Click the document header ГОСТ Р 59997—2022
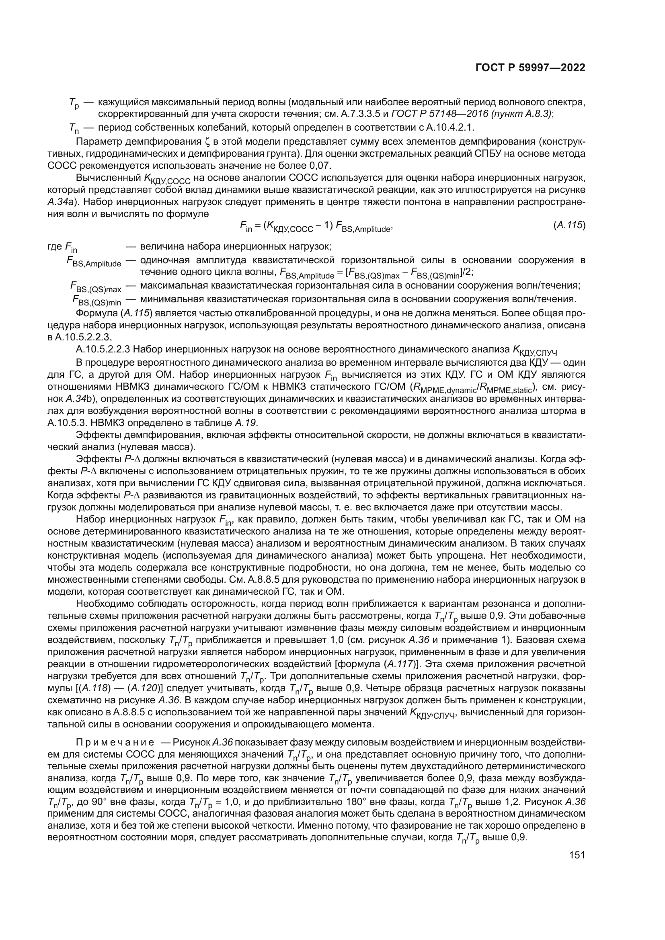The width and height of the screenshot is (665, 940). click(x=530, y=68)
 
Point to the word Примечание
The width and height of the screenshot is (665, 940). click(x=115, y=742)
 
